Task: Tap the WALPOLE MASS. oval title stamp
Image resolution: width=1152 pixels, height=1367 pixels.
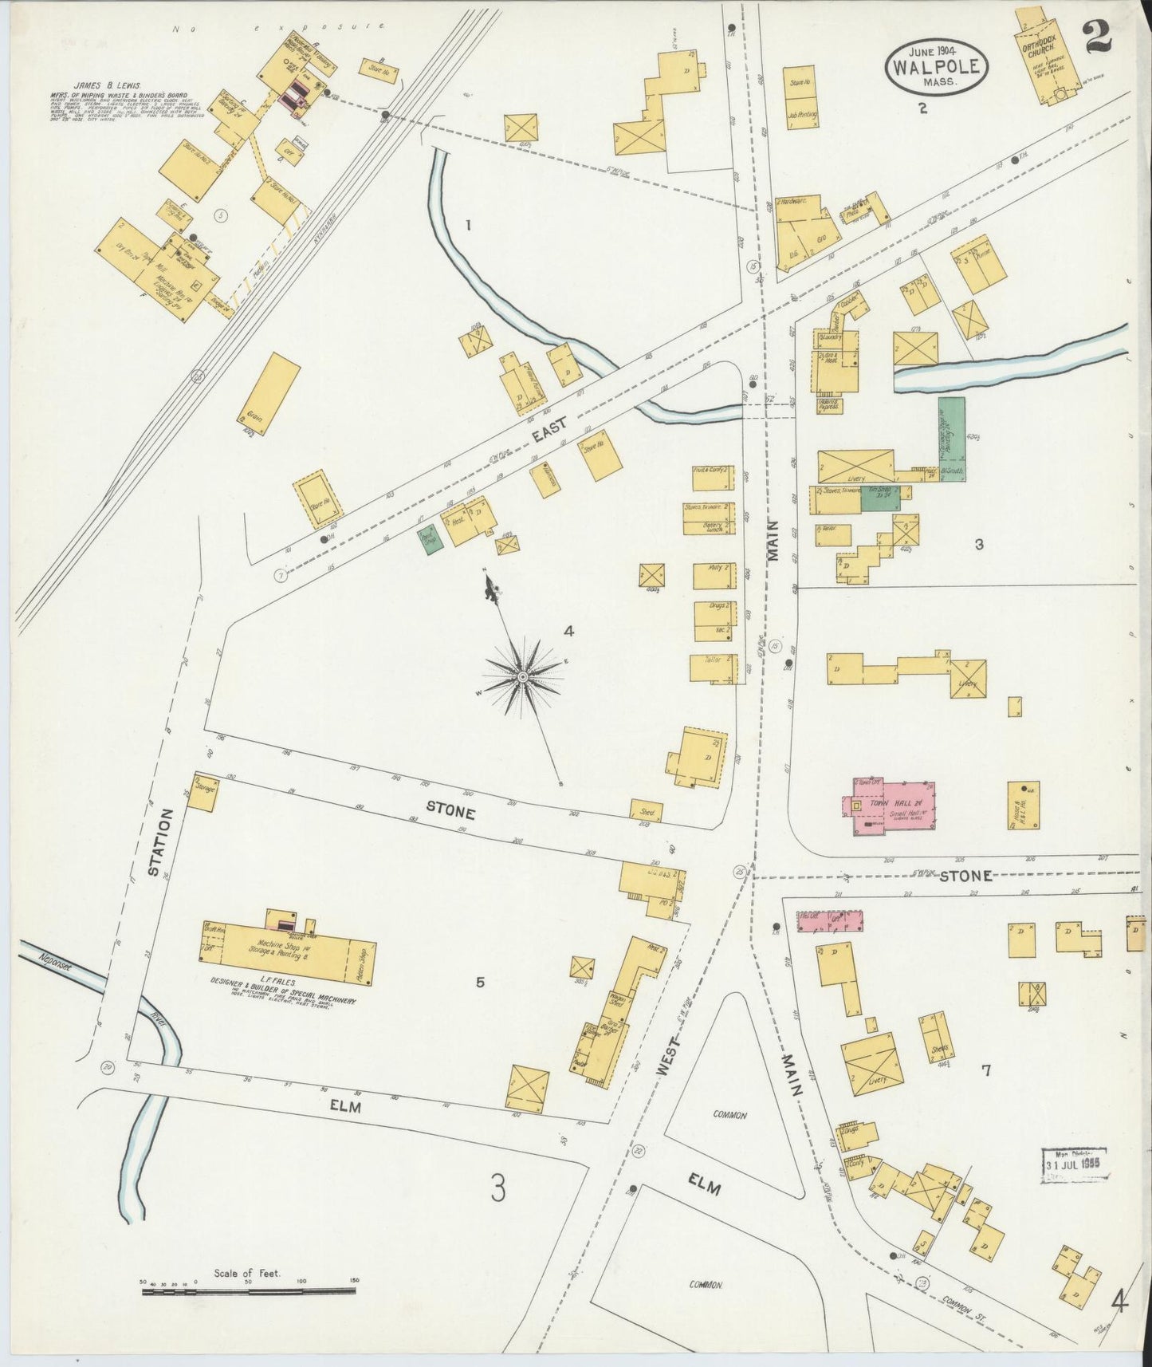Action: tap(935, 67)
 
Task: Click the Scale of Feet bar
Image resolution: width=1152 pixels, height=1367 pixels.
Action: tap(249, 1290)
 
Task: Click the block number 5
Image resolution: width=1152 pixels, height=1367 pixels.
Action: tap(479, 982)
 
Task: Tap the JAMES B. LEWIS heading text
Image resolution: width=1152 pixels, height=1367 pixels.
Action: tap(103, 85)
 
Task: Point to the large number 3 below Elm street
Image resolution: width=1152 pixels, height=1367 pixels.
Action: tap(498, 1191)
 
